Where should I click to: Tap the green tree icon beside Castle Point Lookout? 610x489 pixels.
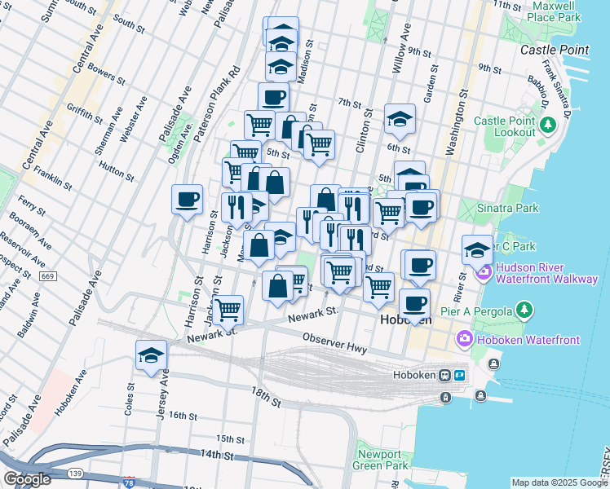click(549, 125)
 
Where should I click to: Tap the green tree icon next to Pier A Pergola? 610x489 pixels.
click(525, 311)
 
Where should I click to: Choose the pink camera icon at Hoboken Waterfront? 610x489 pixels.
click(465, 337)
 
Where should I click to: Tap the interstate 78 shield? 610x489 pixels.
click(129, 482)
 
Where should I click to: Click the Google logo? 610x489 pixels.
click(27, 479)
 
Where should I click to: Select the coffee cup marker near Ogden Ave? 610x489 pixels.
click(188, 198)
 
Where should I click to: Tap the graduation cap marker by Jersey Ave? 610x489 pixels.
click(152, 355)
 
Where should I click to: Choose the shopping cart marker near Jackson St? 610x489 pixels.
click(228, 309)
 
